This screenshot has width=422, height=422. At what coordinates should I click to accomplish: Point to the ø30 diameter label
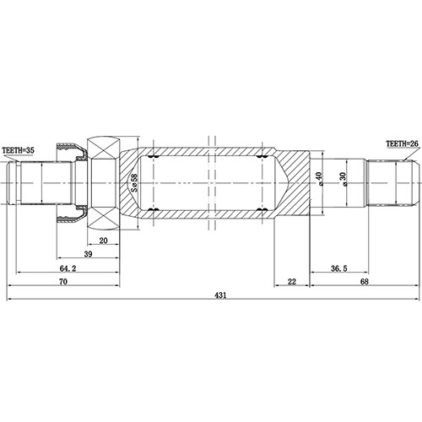344,181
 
